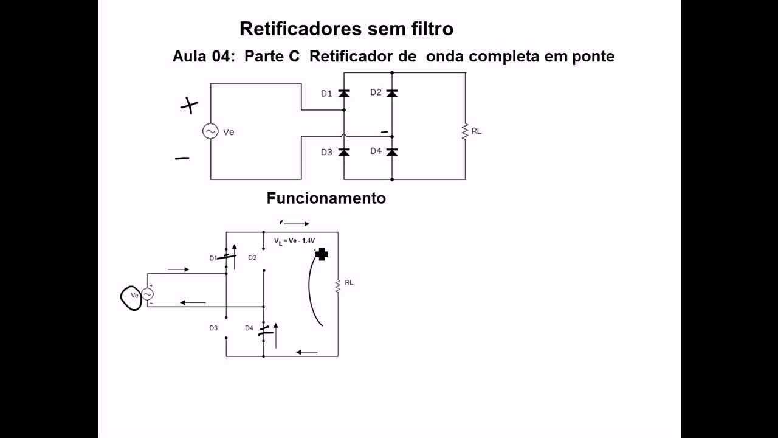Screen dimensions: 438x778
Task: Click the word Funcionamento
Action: point(326,198)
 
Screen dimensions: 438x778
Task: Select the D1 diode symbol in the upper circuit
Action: point(343,93)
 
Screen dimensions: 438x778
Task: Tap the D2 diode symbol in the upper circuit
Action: point(392,93)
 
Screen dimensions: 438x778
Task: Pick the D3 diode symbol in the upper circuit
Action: point(343,152)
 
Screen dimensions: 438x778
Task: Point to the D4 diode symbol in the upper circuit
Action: point(392,151)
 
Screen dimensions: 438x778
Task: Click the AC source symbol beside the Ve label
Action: point(210,131)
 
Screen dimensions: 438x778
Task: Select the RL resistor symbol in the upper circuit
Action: point(465,131)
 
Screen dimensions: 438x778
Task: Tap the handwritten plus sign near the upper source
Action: point(190,106)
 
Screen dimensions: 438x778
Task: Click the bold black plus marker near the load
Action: point(322,254)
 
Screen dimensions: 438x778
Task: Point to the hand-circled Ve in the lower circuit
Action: point(132,297)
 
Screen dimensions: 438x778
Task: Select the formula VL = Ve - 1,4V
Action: point(294,242)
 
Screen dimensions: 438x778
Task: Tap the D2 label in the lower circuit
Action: point(252,258)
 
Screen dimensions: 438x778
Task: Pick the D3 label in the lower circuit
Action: point(213,328)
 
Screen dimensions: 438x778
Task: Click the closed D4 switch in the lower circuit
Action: point(264,332)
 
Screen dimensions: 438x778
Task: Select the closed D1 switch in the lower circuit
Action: point(226,257)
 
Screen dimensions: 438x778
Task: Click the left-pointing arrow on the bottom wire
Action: point(307,352)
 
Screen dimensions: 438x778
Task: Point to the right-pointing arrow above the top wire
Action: point(296,224)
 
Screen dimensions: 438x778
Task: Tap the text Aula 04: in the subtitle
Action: point(204,57)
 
